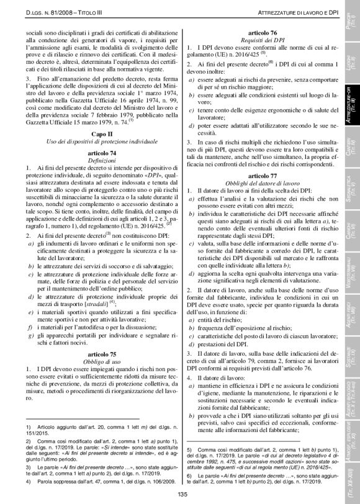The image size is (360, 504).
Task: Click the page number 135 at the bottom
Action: tap(182, 494)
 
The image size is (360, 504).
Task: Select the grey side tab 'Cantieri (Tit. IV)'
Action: tap(350, 148)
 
